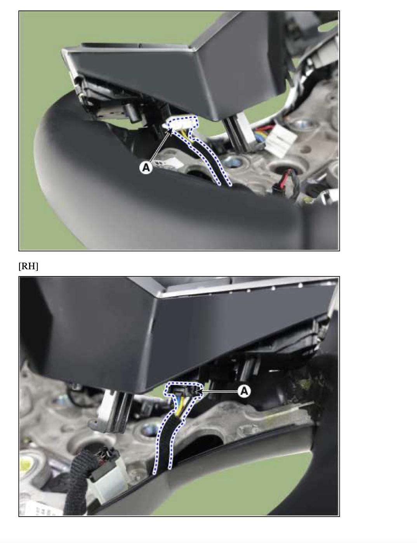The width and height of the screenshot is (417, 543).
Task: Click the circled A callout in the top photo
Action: tap(145, 168)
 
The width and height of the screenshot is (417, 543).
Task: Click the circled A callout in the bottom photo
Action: tap(244, 391)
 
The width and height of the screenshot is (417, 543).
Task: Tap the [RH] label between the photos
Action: tap(28, 266)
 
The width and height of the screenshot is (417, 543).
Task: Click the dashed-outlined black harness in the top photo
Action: tap(210, 160)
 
